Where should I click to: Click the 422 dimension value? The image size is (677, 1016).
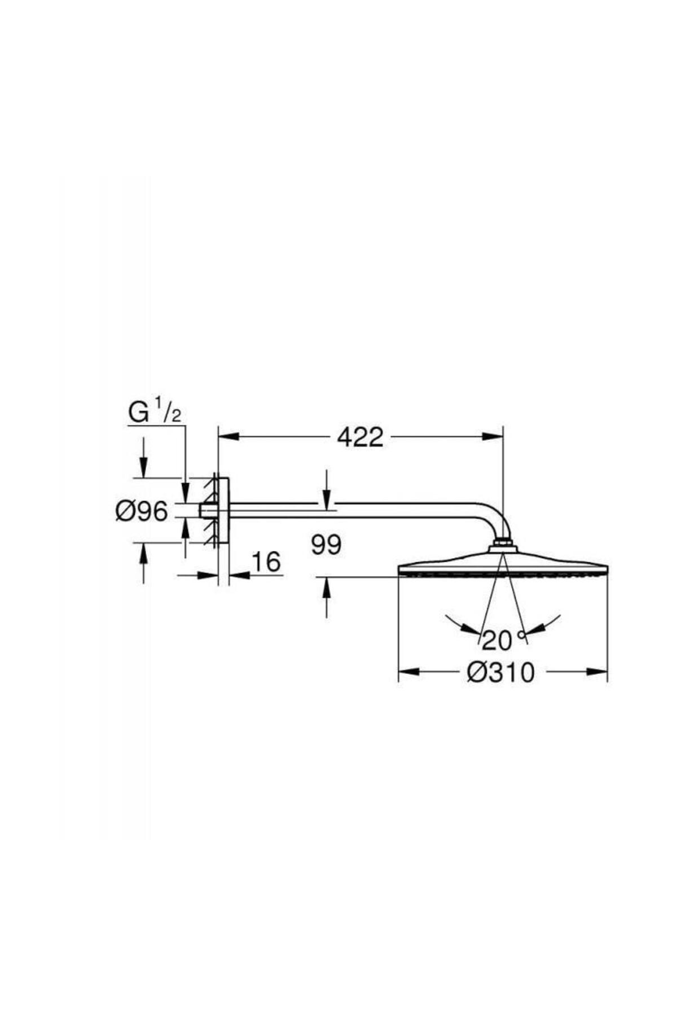(x=360, y=437)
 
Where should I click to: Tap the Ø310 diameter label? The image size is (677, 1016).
(x=500, y=672)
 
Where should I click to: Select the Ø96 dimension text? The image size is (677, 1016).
(x=142, y=511)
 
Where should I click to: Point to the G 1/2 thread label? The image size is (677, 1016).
(x=154, y=413)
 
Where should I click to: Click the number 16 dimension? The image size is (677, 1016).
(x=265, y=562)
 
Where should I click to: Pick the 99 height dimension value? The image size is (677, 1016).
(x=326, y=545)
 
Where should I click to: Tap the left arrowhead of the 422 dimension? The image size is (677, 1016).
(x=228, y=436)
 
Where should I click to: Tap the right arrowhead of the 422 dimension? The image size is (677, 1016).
(x=491, y=436)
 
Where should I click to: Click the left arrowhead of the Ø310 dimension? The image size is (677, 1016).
(x=410, y=672)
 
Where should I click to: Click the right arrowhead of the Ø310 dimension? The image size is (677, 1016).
(x=597, y=672)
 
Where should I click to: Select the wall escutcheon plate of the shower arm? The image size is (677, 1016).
(x=223, y=510)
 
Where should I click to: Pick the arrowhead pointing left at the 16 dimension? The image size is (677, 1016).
(x=239, y=575)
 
